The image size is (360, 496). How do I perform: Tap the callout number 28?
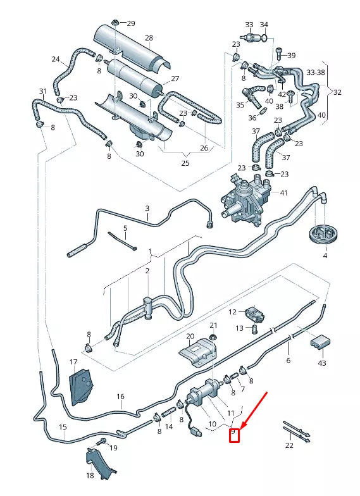tap(149, 38)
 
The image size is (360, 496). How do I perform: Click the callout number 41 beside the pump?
tap(283, 192)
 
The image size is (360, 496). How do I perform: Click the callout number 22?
tap(289, 445)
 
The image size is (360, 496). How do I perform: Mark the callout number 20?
tap(190, 336)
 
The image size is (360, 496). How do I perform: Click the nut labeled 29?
tap(116, 24)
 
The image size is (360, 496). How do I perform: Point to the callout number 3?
tap(147, 208)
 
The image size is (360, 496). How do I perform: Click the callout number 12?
tap(233, 312)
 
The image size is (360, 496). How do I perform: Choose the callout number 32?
tap(337, 92)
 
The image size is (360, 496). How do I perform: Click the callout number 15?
tap(63, 427)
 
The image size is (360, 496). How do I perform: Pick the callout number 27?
tap(175, 79)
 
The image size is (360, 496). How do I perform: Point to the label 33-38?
tap(316, 73)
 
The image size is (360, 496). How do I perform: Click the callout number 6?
tap(288, 360)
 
